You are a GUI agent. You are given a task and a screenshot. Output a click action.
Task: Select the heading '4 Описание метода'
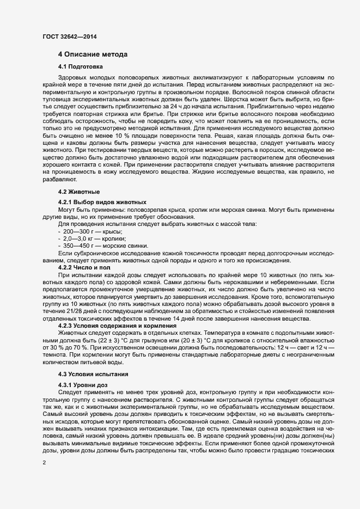click(x=93, y=54)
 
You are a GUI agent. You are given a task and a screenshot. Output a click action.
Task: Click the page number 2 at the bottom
click(x=44, y=462)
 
